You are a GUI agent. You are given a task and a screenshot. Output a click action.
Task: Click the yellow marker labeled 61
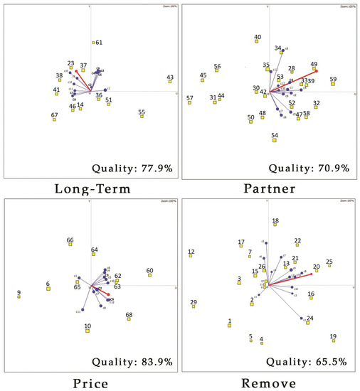[x=93, y=43]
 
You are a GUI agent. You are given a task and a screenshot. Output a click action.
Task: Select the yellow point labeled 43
[x=170, y=82]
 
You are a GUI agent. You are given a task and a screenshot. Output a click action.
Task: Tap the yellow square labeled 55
[x=142, y=116]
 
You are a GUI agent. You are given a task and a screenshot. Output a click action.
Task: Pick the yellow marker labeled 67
[x=54, y=119]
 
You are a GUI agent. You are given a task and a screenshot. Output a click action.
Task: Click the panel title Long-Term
[x=90, y=188]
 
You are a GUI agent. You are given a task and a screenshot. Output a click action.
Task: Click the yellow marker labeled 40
[x=257, y=41]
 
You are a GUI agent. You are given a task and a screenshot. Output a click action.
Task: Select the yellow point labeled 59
[x=333, y=84]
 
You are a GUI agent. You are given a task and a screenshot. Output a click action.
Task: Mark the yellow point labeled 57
[x=190, y=102]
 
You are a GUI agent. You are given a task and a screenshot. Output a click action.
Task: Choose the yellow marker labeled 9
[x=19, y=296]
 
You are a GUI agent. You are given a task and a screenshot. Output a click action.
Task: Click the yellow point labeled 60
[x=149, y=275]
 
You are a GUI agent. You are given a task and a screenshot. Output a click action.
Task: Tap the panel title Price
[x=90, y=382]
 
